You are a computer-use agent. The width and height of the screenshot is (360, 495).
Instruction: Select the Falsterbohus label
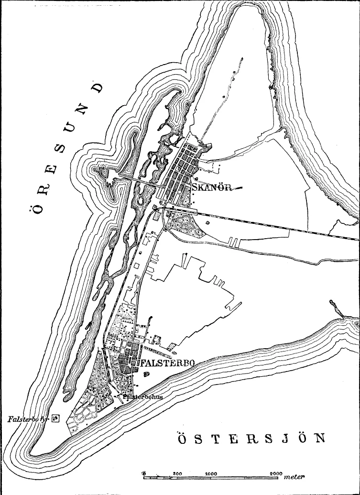(142, 396)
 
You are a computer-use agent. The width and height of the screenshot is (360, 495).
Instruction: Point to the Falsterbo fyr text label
(28, 419)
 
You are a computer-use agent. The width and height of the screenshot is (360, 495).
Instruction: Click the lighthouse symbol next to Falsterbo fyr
(55, 419)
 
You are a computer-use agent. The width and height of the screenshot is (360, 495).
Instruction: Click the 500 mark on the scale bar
(177, 473)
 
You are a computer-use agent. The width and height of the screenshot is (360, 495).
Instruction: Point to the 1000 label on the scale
(211, 473)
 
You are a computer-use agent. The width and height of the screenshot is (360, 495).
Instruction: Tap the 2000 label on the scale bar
(276, 473)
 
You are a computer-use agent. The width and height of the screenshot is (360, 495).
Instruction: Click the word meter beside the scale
(294, 477)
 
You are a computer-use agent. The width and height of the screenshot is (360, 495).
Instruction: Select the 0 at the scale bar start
(144, 473)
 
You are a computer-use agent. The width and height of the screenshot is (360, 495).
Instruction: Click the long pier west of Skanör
(138, 180)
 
